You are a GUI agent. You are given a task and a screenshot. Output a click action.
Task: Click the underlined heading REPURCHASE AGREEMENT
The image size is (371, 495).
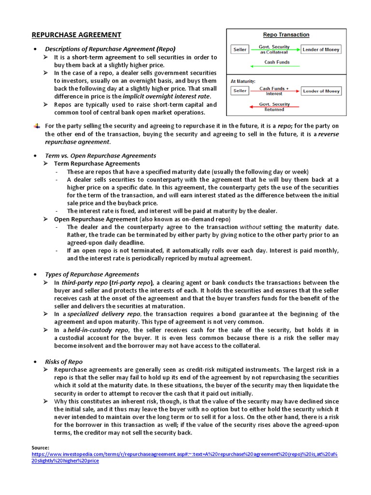click(x=76, y=35)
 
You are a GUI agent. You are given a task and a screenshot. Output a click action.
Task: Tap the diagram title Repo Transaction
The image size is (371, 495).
click(x=286, y=35)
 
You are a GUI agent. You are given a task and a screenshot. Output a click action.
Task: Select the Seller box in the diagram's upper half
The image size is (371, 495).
click(x=240, y=49)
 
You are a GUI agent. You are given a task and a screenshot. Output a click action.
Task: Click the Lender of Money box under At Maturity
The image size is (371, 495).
click(x=321, y=91)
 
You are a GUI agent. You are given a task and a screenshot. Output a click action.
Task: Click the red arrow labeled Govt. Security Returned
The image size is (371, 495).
click(x=274, y=107)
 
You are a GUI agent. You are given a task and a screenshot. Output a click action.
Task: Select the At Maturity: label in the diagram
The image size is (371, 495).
click(x=243, y=81)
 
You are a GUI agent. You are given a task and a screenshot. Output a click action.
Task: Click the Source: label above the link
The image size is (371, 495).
click(x=40, y=448)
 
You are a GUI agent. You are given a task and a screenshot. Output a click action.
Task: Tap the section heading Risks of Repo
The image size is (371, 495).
click(x=64, y=362)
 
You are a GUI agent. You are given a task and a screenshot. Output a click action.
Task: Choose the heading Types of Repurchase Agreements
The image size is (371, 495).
click(x=92, y=274)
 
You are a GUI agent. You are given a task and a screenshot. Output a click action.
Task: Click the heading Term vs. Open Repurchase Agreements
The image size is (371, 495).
click(x=100, y=156)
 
